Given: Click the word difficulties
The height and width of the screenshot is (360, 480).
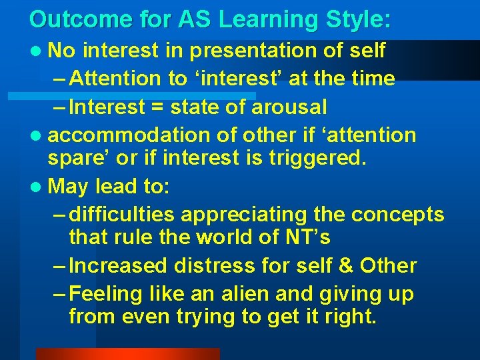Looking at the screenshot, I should (121, 215).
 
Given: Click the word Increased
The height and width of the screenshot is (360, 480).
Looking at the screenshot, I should (118, 265).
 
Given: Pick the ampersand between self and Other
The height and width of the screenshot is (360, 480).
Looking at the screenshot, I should (347, 265).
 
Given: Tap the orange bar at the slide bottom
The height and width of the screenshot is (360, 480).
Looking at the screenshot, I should (127, 353).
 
